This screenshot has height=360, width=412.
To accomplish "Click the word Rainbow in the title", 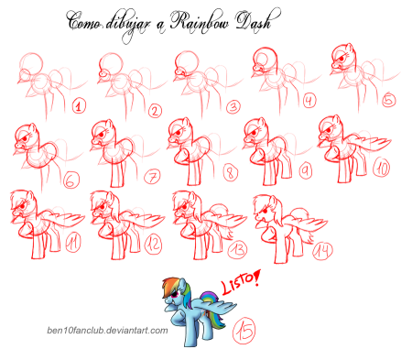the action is (x=200, y=21).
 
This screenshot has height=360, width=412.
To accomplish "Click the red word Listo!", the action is (x=241, y=282).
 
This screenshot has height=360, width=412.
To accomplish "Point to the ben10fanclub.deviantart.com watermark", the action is (x=107, y=331).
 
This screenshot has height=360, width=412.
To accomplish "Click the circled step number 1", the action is (x=79, y=106).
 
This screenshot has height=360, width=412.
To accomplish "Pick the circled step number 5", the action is (x=389, y=100).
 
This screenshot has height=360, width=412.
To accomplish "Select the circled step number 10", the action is (x=382, y=169).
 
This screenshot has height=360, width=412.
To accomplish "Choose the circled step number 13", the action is (x=237, y=250).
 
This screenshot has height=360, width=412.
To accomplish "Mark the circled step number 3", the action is (x=233, y=107).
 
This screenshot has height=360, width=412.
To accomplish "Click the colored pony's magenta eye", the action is (x=176, y=295).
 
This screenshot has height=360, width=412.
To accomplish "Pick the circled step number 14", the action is (x=322, y=250).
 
